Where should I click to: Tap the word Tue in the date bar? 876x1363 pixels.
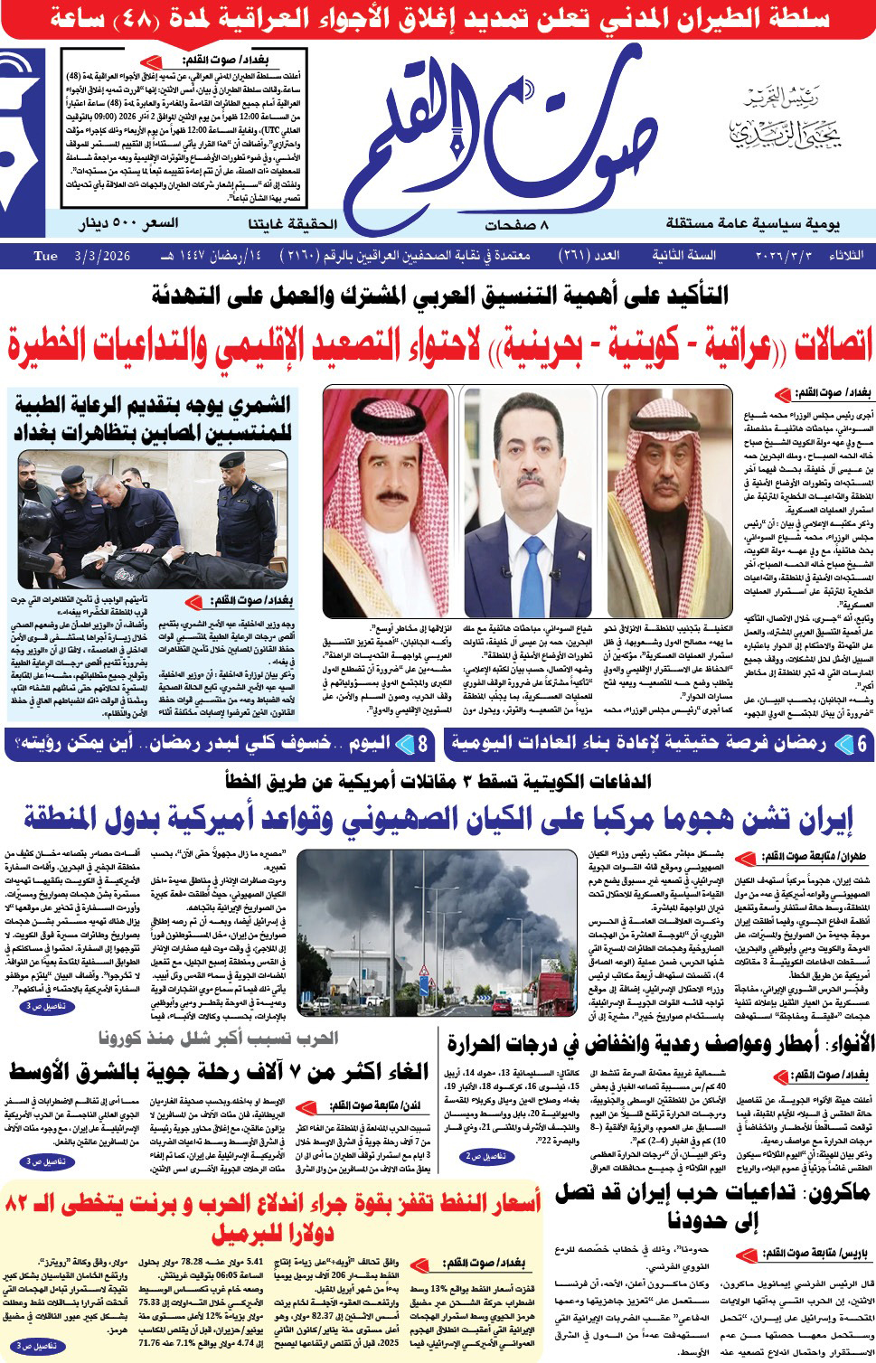click(45, 256)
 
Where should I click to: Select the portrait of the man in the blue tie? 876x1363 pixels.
click(527, 488)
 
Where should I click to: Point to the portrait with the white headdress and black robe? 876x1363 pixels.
click(669, 488)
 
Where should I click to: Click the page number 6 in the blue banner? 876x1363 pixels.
click(862, 744)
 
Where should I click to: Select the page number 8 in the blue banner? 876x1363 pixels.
click(422, 744)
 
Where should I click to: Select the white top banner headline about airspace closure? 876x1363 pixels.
click(438, 19)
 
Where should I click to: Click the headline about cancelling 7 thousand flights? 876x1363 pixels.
click(219, 1073)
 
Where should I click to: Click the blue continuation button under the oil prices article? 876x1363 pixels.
click(39, 1347)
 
